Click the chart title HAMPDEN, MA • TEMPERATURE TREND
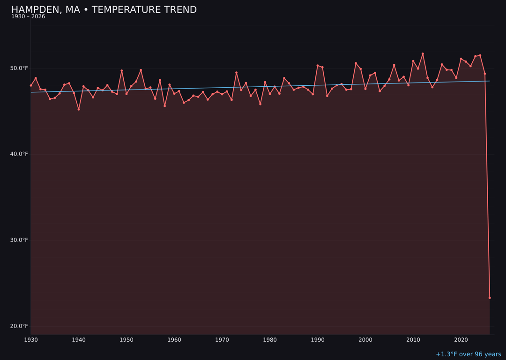click(104, 10)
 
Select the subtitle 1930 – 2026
click(28, 17)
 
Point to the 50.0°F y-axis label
click(19, 68)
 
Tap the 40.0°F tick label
click(19, 154)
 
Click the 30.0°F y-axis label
click(19, 240)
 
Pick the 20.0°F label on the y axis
click(19, 326)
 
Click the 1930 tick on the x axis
click(31, 340)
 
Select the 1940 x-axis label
click(79, 340)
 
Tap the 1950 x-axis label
click(126, 340)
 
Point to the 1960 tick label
click(174, 340)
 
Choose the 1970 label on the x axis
click(222, 340)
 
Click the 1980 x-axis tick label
click(270, 340)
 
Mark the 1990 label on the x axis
click(318, 340)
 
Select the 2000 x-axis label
click(365, 340)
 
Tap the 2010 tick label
click(413, 340)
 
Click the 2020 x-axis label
click(461, 340)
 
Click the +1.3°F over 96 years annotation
click(468, 354)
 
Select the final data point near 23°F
click(490, 298)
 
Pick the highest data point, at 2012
click(423, 54)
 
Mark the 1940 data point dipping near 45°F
click(79, 109)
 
